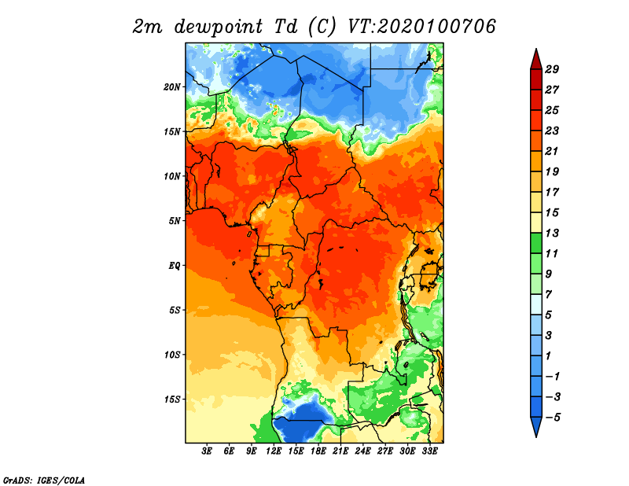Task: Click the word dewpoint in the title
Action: coord(219,28)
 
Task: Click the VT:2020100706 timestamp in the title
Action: coord(421,27)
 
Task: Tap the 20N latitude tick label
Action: coord(172,87)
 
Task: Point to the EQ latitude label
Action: coord(175,266)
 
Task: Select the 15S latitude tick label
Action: coord(172,399)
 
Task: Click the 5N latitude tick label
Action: coord(175,221)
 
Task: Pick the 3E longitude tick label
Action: coord(207,451)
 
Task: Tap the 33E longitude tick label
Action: coord(429,451)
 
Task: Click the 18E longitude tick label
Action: coord(318,451)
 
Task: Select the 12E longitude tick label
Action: coord(274,451)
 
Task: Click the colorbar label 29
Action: coord(552,69)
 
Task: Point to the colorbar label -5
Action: coord(554,418)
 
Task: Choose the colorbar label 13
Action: coord(552,233)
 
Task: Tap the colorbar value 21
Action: coord(552,151)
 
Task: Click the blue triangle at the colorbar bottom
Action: coord(536,425)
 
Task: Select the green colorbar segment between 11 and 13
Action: coord(536,243)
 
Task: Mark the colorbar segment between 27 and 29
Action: coord(536,79)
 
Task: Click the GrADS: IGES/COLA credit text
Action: coord(44,480)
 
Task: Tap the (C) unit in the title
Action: coord(322,28)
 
